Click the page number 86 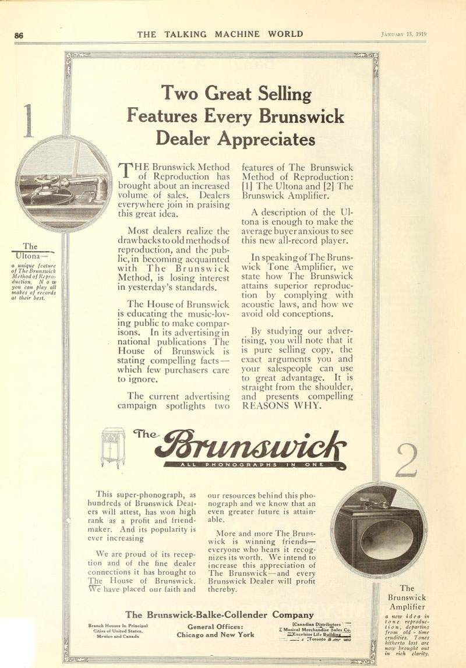pyautogui.click(x=19, y=35)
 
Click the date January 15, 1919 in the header pyautogui.click(x=404, y=34)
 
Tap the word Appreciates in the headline pyautogui.click(x=266, y=139)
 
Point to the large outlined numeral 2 pyautogui.click(x=407, y=460)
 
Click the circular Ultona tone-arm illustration pyautogui.click(x=64, y=183)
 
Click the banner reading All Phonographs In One pyautogui.click(x=253, y=465)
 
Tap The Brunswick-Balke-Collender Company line pyautogui.click(x=220, y=614)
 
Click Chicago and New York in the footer pyautogui.click(x=215, y=635)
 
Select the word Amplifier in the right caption pyautogui.click(x=407, y=607)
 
